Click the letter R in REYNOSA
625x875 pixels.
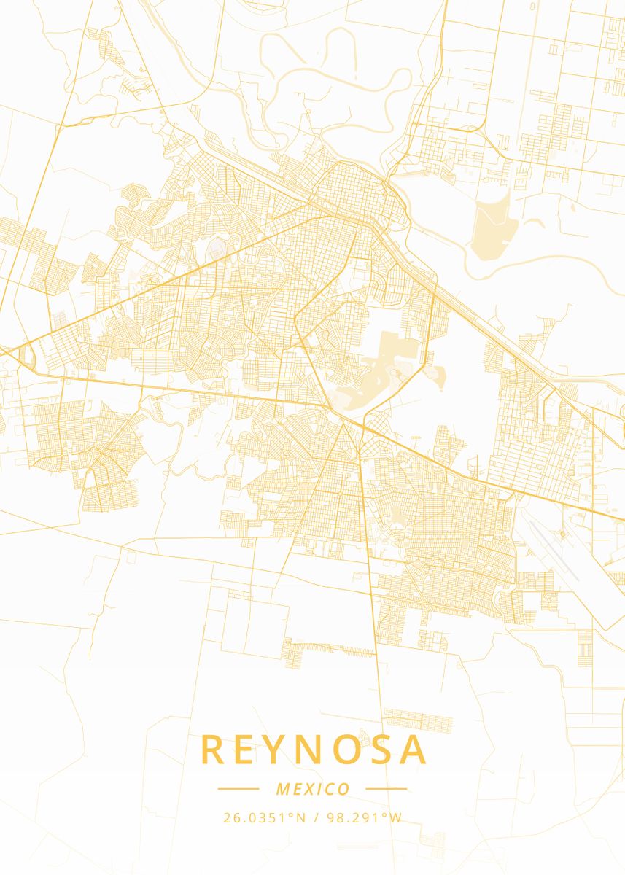tap(213, 750)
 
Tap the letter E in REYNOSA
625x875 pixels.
tap(246, 750)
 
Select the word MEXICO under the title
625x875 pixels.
tap(313, 789)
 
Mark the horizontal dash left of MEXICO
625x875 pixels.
tap(238, 788)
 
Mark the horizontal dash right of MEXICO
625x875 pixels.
tap(386, 788)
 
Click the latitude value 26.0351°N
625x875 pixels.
tap(264, 818)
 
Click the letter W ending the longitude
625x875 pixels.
tap(395, 818)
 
